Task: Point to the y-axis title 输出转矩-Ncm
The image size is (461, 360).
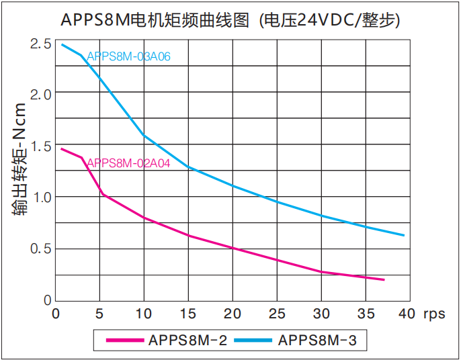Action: pyautogui.click(x=19, y=159)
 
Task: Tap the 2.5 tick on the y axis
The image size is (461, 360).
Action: pyautogui.click(x=40, y=44)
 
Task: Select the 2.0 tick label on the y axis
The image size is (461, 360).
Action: pyautogui.click(x=40, y=95)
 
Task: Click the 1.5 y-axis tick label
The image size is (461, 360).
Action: pyautogui.click(x=40, y=146)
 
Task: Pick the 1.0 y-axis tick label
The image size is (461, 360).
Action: pyautogui.click(x=40, y=197)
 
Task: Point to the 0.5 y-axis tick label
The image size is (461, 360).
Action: pyautogui.click(x=40, y=249)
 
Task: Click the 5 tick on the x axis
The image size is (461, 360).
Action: pyautogui.click(x=99, y=314)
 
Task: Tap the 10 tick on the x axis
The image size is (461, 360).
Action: pyautogui.click(x=143, y=314)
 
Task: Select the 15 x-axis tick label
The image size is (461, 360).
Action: pyautogui.click(x=187, y=314)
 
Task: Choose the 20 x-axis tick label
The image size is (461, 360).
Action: pyautogui.click(x=232, y=314)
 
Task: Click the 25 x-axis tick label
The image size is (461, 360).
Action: pyautogui.click(x=276, y=314)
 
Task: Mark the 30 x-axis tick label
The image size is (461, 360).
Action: pyautogui.click(x=321, y=314)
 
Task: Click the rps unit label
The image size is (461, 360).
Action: pyautogui.click(x=435, y=314)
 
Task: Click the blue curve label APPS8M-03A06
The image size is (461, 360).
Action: pyautogui.click(x=128, y=56)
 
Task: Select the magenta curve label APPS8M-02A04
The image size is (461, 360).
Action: pyautogui.click(x=128, y=163)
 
